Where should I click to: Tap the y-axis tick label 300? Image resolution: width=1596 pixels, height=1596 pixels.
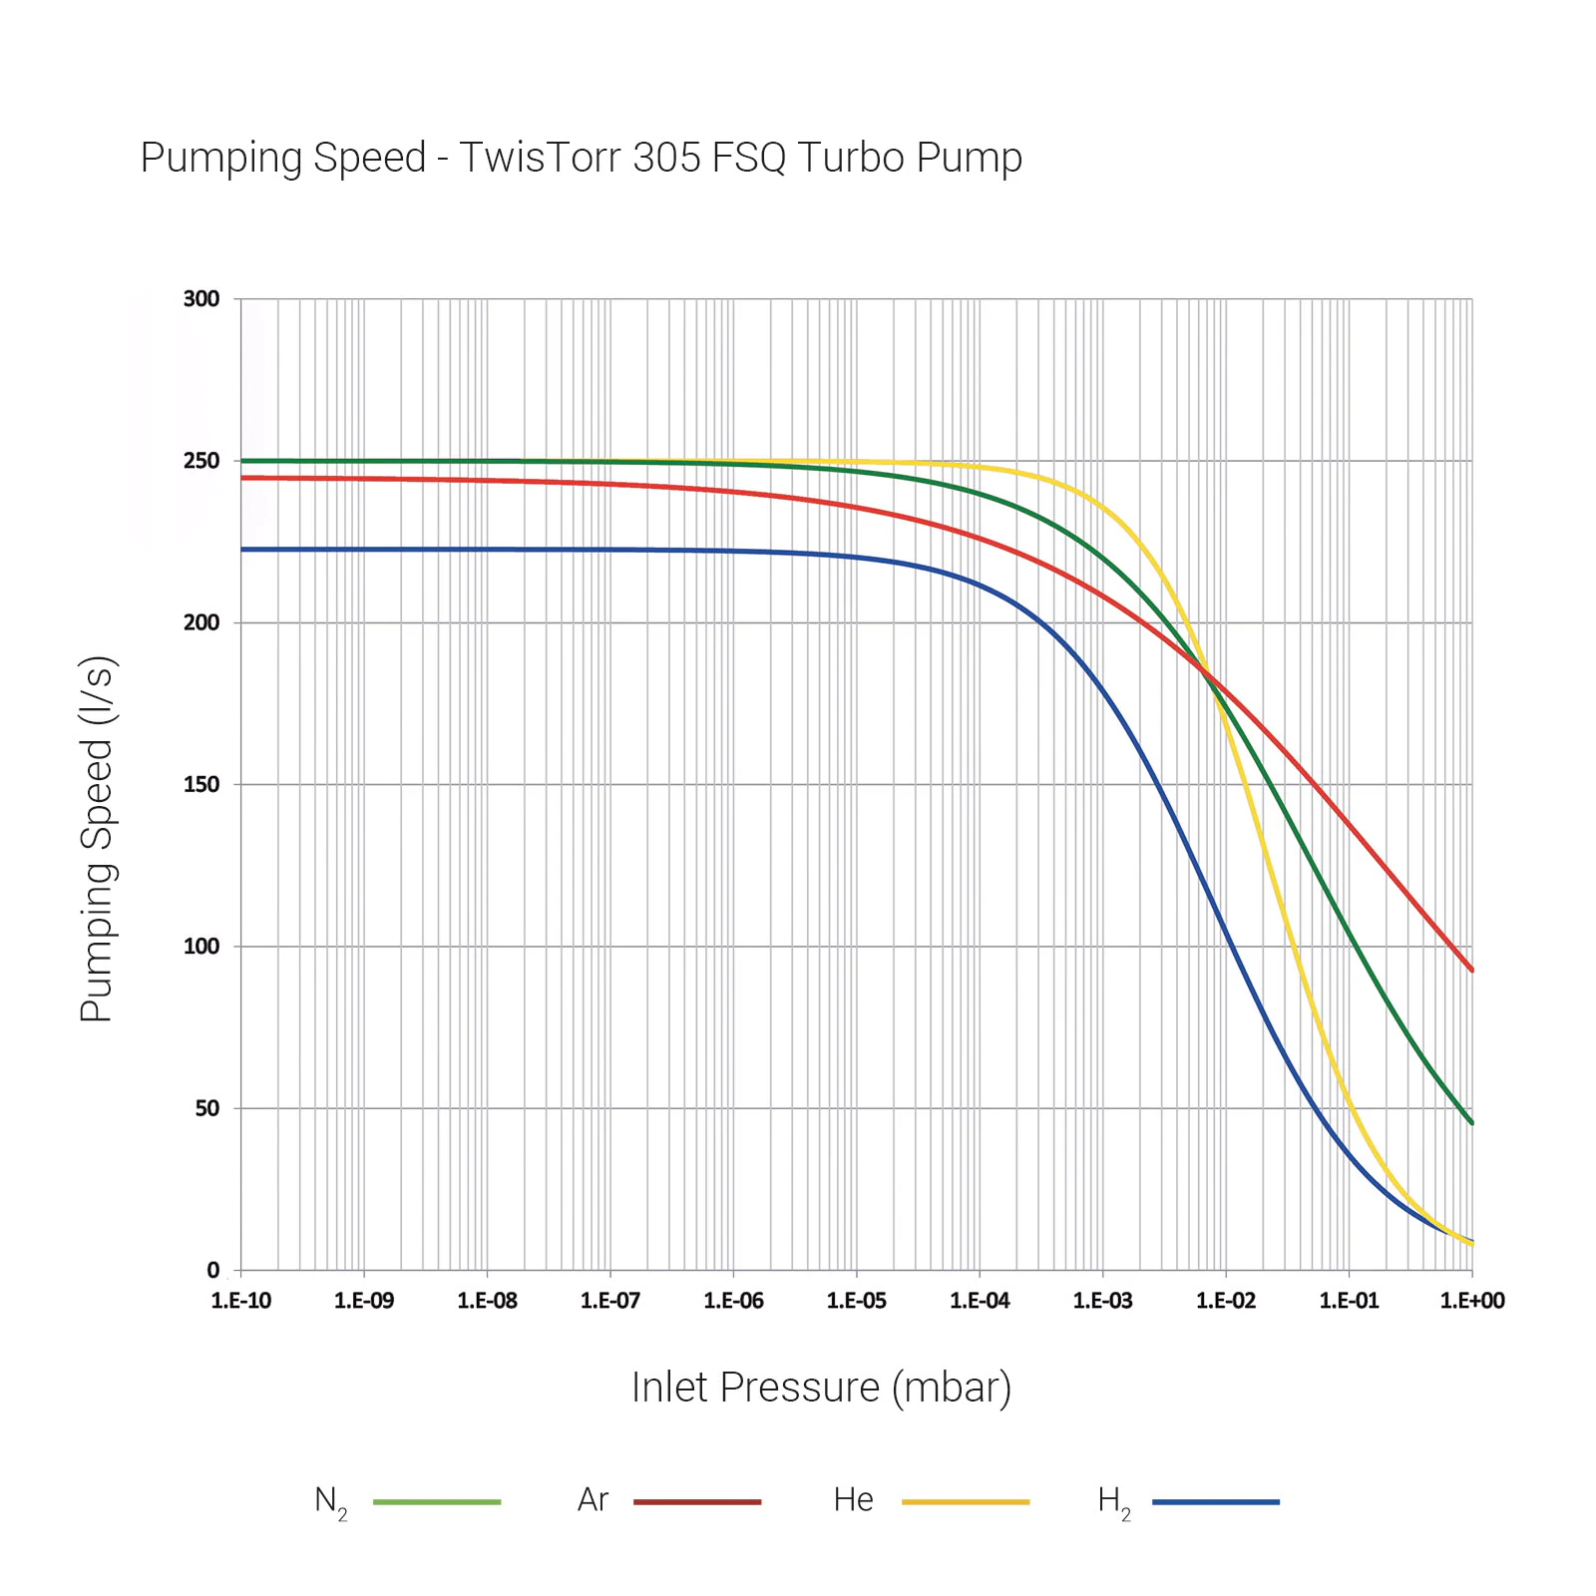(x=201, y=299)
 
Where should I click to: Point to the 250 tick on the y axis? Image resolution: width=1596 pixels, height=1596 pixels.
(x=201, y=461)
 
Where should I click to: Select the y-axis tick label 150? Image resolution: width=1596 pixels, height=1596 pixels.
(x=201, y=785)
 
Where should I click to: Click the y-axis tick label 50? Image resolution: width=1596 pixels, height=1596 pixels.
(x=206, y=1108)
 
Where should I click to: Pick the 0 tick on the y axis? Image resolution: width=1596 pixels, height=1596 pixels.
(x=212, y=1270)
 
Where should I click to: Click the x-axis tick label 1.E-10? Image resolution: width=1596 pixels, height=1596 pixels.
(x=240, y=1301)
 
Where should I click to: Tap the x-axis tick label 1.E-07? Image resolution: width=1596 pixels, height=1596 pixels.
(x=610, y=1301)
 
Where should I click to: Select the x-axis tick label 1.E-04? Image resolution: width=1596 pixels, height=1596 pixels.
(x=980, y=1301)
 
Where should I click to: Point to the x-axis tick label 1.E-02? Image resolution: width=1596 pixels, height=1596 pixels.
(x=1226, y=1301)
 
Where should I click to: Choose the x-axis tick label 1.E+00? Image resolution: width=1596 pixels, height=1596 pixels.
(x=1472, y=1301)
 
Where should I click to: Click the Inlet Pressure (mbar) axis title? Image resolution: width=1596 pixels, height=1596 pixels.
(x=821, y=1388)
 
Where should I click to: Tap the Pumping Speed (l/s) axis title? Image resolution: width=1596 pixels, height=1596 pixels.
(x=98, y=839)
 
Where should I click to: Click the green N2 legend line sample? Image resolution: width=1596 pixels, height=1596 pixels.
(x=437, y=1501)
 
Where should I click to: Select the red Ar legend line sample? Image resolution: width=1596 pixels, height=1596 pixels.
(x=697, y=1501)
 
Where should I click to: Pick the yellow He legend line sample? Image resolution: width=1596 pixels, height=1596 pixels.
(x=966, y=1501)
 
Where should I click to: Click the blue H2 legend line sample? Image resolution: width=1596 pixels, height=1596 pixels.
(x=1215, y=1501)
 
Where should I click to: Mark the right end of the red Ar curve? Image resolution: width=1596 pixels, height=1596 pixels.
(x=1471, y=969)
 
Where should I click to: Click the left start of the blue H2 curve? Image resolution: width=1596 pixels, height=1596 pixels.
(x=243, y=550)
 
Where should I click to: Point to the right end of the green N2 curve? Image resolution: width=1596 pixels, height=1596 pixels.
(x=1471, y=1122)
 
